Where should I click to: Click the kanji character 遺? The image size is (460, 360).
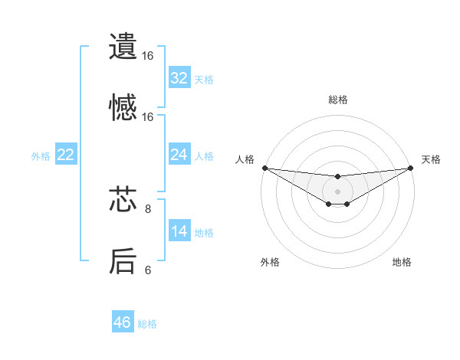[123, 46]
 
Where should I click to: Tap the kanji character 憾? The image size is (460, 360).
[123, 107]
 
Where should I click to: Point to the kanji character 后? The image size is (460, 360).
[123, 261]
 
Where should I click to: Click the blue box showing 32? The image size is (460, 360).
[179, 78]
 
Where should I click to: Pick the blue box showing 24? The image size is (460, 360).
[179, 155]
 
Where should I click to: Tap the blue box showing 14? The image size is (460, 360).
[179, 231]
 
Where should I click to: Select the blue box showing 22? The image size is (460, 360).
[66, 155]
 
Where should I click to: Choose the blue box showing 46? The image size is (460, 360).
[123, 322]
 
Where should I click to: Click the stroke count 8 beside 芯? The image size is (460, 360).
[148, 208]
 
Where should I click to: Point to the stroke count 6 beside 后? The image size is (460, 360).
[148, 270]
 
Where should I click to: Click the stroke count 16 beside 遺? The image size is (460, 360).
[148, 56]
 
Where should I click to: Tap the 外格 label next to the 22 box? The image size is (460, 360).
[41, 155]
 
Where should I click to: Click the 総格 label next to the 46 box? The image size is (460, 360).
[147, 324]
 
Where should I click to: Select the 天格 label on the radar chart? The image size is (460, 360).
[431, 159]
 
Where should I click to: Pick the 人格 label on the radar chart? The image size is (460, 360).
[245, 159]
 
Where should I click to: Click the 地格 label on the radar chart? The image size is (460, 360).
[402, 262]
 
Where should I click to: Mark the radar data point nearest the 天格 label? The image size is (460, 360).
[411, 168]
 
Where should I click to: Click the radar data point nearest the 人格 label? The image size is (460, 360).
[264, 168]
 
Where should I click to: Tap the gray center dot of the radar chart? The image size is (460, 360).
[338, 191]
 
